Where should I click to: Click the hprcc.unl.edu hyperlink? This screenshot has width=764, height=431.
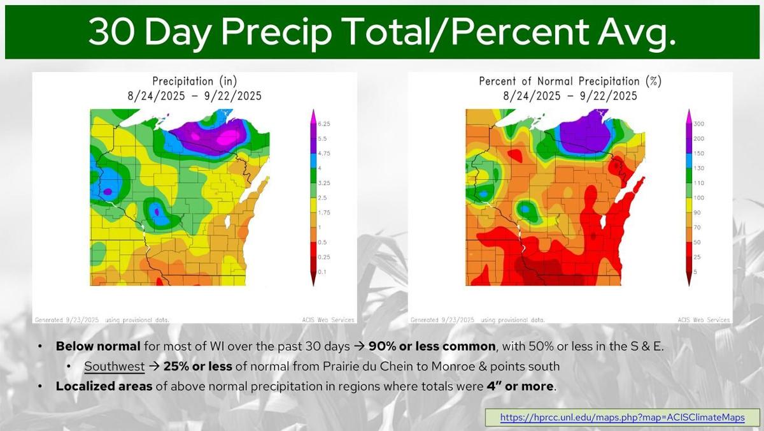(x=622, y=418)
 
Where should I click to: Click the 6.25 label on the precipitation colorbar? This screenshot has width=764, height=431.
(x=323, y=124)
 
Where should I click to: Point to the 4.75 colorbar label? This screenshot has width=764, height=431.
(x=323, y=153)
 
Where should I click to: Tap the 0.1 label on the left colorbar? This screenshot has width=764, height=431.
(x=322, y=272)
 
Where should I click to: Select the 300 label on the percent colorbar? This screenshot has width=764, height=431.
(x=698, y=124)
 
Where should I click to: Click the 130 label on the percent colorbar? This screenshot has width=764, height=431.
(x=698, y=168)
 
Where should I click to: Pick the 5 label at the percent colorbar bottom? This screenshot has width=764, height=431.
(x=695, y=272)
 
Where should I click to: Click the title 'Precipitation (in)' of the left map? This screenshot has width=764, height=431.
(x=192, y=82)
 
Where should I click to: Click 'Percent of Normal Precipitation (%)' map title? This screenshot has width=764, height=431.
(x=570, y=82)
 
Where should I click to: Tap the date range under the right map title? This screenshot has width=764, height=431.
(x=570, y=96)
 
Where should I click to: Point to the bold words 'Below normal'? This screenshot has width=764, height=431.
(x=88, y=347)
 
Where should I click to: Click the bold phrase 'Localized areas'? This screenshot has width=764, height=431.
(x=104, y=386)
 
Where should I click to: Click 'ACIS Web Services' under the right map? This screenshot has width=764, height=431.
(x=704, y=319)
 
